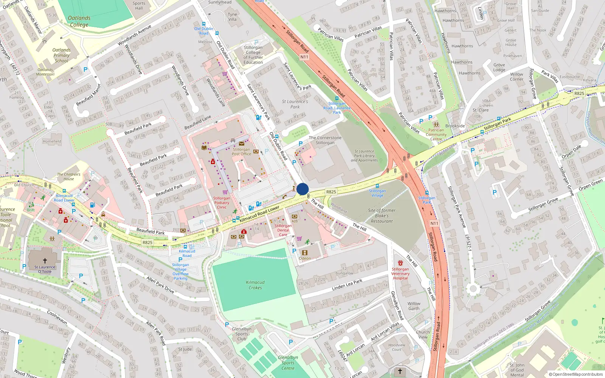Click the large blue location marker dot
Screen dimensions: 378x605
coord(302,189)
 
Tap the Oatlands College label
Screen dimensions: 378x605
coord(79,21)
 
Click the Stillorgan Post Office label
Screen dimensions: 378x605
coord(241,152)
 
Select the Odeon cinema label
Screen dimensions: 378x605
coord(305,259)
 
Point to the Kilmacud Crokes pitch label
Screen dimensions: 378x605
coord(255,285)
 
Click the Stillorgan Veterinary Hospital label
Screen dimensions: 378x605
coord(400,273)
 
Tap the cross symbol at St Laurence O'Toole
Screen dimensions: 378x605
coord(45,260)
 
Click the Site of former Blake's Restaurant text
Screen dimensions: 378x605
coord(382,216)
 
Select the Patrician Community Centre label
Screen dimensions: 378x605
coord(436,135)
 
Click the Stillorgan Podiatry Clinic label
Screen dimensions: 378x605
coord(222,203)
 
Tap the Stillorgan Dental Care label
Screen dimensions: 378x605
coord(283,230)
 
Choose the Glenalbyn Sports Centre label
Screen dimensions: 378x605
coord(288,363)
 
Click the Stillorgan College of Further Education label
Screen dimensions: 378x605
coord(253,55)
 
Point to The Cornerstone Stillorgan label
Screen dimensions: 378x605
coord(325,140)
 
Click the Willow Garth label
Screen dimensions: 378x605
coord(414,306)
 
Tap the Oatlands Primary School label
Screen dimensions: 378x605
coord(61,55)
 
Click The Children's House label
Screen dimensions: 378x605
coord(69,177)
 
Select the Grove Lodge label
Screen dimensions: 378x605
coord(499,67)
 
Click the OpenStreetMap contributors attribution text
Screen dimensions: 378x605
coord(576,374)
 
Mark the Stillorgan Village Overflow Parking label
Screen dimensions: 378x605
coord(180,271)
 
